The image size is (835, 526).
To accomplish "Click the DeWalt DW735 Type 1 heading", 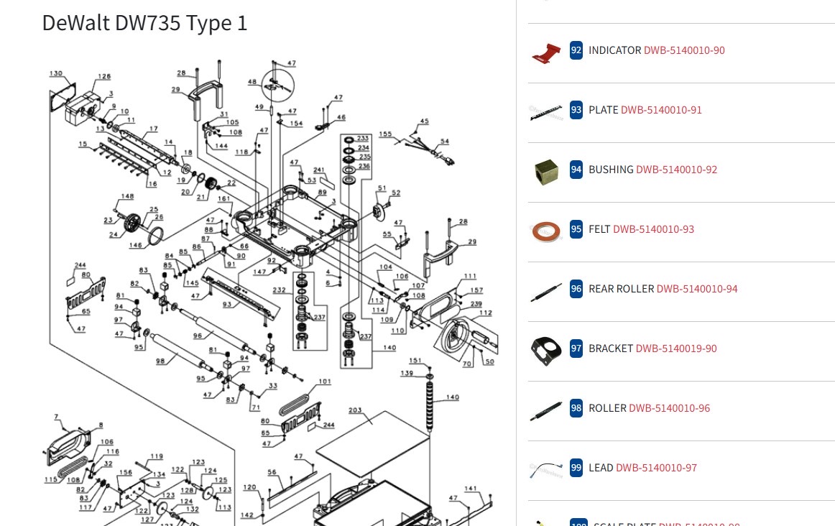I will [x=144, y=23].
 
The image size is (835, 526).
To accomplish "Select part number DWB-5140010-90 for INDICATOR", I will [x=683, y=50].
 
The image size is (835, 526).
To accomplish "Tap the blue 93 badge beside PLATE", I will [x=576, y=110].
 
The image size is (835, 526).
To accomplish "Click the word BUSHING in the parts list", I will [x=611, y=170].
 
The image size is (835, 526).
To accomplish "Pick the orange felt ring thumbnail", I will [x=546, y=231].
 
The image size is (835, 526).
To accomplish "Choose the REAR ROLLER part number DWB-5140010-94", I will [x=696, y=289].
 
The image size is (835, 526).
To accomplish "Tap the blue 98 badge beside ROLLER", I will [x=576, y=408].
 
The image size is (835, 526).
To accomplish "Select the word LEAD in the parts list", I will [x=601, y=468].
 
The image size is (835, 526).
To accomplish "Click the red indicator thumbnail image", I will [x=546, y=52].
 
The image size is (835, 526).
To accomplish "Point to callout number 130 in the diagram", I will [x=56, y=73].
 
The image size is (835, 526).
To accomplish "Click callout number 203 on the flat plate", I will [x=355, y=410].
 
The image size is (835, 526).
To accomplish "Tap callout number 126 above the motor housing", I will [x=104, y=77].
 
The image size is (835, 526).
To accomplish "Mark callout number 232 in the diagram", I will [x=279, y=290].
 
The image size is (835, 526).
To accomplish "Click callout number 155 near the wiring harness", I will [x=385, y=134].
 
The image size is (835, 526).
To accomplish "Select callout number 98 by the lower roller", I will [x=159, y=360].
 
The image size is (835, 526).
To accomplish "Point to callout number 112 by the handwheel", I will [x=486, y=313].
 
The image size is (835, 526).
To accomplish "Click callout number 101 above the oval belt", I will [x=325, y=382].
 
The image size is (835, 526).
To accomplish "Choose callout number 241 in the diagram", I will [x=319, y=170].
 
